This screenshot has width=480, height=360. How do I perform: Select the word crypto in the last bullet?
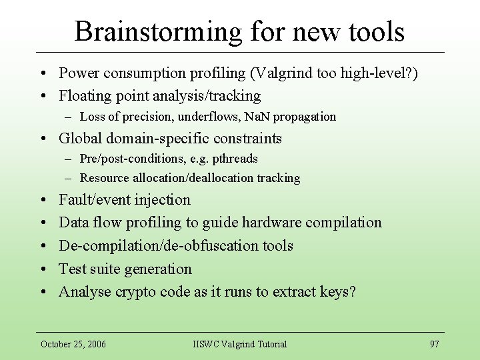click(x=135, y=292)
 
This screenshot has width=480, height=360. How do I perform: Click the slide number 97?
click(x=434, y=344)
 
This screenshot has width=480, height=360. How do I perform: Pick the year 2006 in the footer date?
click(x=95, y=344)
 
